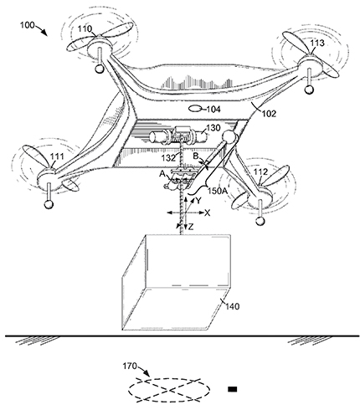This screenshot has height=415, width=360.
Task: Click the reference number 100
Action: click(x=27, y=25)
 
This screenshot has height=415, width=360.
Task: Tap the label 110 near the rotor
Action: click(x=85, y=28)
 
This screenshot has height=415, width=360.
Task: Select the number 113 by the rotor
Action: click(x=317, y=43)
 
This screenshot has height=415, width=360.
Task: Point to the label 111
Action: click(x=57, y=156)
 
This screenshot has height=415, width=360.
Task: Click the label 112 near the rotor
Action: click(x=260, y=172)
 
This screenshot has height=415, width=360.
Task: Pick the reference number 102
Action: click(x=269, y=114)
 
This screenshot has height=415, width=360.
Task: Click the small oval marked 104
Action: click(x=195, y=108)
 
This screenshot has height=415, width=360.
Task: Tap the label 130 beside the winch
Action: click(x=213, y=128)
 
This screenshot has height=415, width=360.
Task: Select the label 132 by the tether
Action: click(x=168, y=158)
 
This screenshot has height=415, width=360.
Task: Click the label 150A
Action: click(x=218, y=191)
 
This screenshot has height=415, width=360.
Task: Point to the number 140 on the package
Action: click(x=233, y=306)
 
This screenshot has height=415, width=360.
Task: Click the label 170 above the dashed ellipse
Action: click(x=130, y=366)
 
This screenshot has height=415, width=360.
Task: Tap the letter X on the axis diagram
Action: click(x=207, y=213)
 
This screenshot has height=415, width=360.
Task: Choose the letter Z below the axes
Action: click(x=191, y=228)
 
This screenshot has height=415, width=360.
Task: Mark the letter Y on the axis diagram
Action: click(x=198, y=200)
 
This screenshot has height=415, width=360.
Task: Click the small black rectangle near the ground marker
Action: click(x=232, y=389)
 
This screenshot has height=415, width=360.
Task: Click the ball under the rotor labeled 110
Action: click(x=99, y=69)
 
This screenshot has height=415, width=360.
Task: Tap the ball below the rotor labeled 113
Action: click(x=309, y=90)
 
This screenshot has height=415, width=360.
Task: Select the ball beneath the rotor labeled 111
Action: click(x=49, y=204)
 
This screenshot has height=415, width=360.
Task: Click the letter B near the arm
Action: click(x=196, y=156)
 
